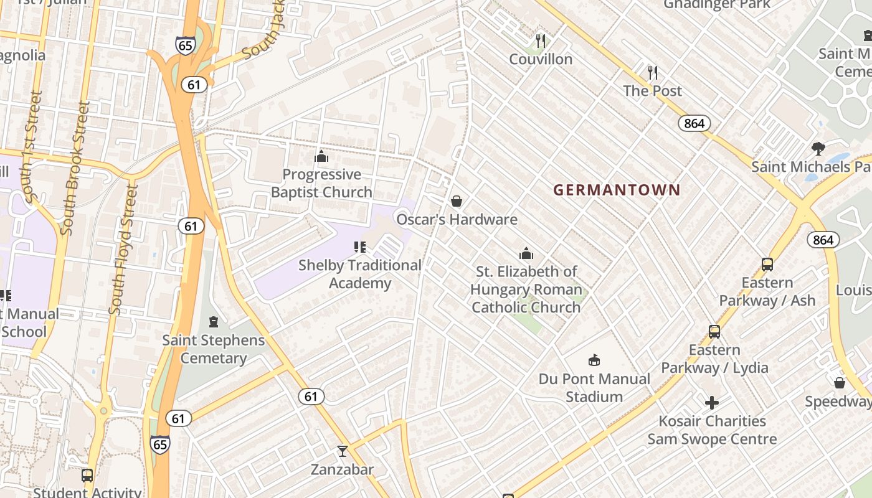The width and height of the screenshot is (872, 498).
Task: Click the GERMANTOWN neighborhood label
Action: (x=617, y=190)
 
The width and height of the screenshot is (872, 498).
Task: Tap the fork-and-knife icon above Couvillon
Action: (x=541, y=41)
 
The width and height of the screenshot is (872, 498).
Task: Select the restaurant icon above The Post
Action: (x=652, y=73)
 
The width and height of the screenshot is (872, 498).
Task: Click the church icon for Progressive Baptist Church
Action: (x=321, y=156)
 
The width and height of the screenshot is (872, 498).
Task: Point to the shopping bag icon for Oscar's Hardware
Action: (x=457, y=201)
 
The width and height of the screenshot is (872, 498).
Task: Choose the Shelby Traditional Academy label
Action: (x=360, y=274)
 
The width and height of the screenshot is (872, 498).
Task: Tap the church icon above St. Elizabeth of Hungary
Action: (x=526, y=253)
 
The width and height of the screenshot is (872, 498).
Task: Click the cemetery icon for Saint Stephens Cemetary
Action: (x=214, y=322)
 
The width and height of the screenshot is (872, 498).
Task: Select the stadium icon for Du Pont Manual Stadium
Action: (x=594, y=360)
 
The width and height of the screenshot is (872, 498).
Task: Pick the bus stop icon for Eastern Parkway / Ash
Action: (x=767, y=265)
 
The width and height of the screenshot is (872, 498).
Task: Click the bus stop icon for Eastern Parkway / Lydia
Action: (x=714, y=332)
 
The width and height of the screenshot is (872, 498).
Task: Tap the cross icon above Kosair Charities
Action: (x=712, y=403)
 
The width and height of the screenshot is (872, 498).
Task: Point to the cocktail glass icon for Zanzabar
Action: (x=342, y=451)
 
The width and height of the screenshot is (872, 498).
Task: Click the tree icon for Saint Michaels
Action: (x=818, y=149)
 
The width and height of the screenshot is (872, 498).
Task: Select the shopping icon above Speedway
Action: (x=840, y=383)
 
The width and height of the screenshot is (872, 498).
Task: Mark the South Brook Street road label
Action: (x=75, y=168)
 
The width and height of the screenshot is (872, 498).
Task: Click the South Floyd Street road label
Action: (x=123, y=249)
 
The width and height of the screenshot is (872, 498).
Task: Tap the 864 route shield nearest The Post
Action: (x=694, y=123)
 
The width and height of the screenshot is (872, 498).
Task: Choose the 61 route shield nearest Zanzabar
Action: (x=311, y=396)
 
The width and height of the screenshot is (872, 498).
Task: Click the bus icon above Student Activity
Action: (x=87, y=476)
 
